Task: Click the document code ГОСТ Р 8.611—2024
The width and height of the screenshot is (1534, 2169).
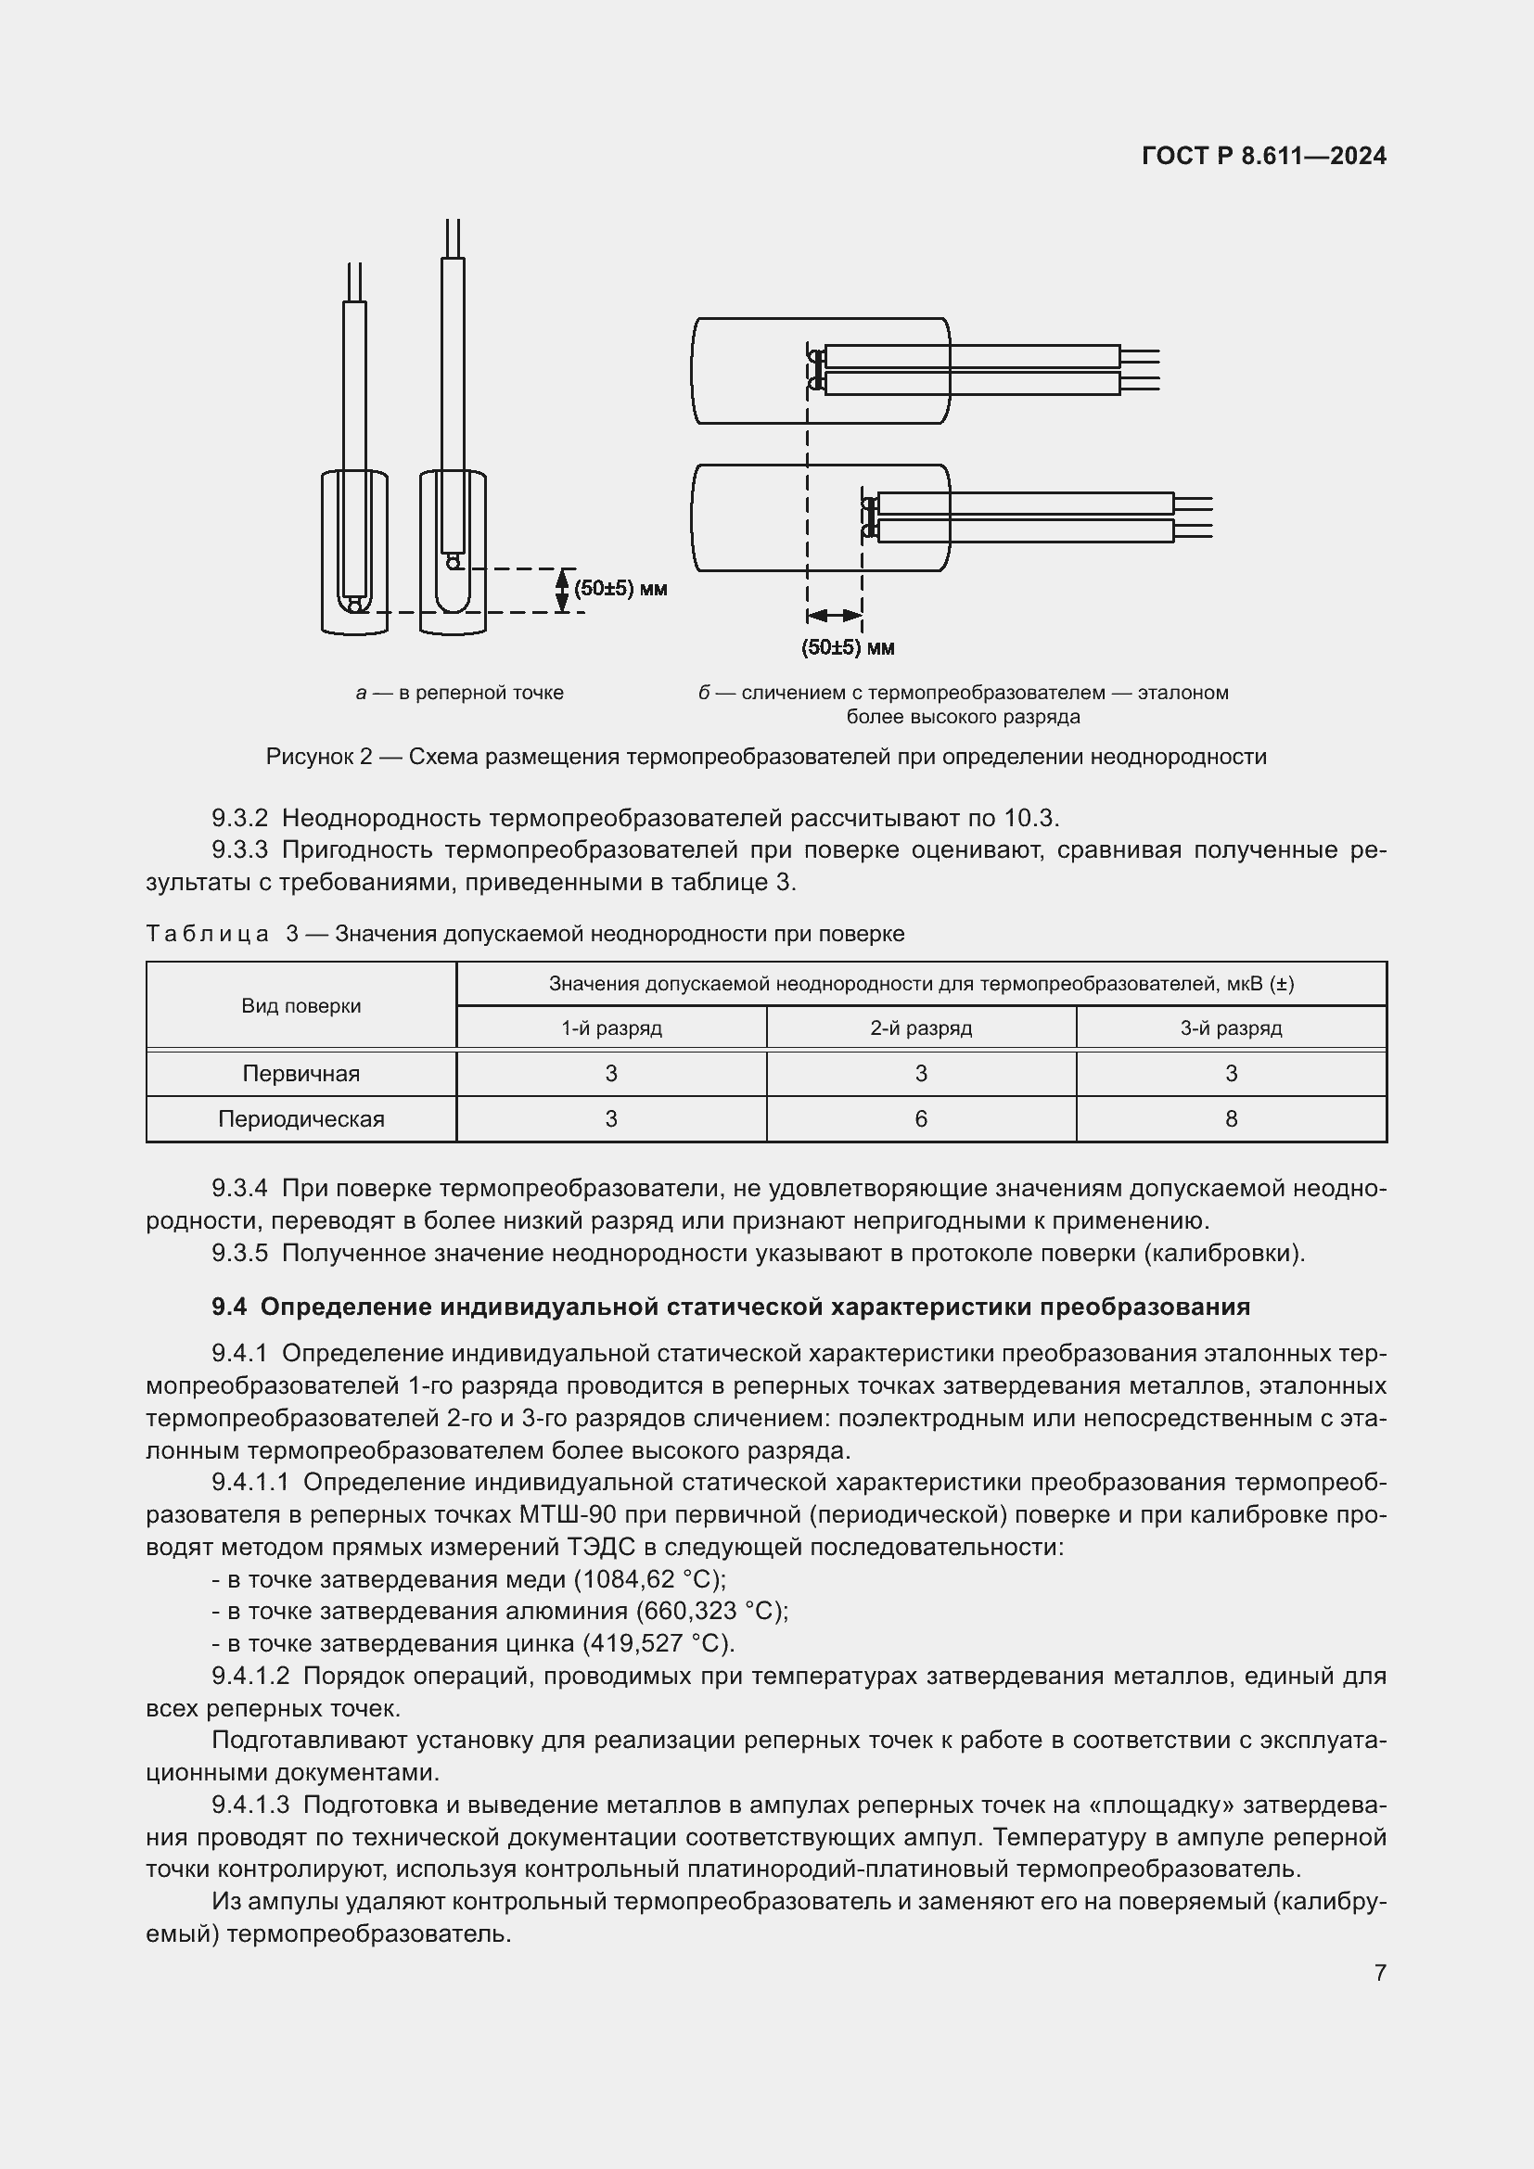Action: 1263,156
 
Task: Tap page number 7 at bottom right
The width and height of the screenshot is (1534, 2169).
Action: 1379,1972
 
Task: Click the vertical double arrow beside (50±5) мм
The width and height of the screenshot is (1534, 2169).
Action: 562,591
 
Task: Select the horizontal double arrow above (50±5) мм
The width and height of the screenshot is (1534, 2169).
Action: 834,616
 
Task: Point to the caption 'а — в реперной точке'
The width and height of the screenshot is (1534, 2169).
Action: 460,693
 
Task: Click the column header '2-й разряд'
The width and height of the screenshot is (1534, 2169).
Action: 921,1027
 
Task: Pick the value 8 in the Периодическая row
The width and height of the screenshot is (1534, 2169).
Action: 1231,1119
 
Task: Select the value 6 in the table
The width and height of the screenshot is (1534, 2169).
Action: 921,1119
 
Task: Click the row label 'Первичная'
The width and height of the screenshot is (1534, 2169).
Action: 301,1074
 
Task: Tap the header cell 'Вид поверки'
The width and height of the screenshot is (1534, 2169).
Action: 301,1006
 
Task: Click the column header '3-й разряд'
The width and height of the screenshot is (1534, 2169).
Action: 1231,1027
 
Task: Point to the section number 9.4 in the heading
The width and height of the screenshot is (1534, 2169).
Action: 228,1307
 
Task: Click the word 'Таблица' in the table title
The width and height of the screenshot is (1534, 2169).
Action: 208,934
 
